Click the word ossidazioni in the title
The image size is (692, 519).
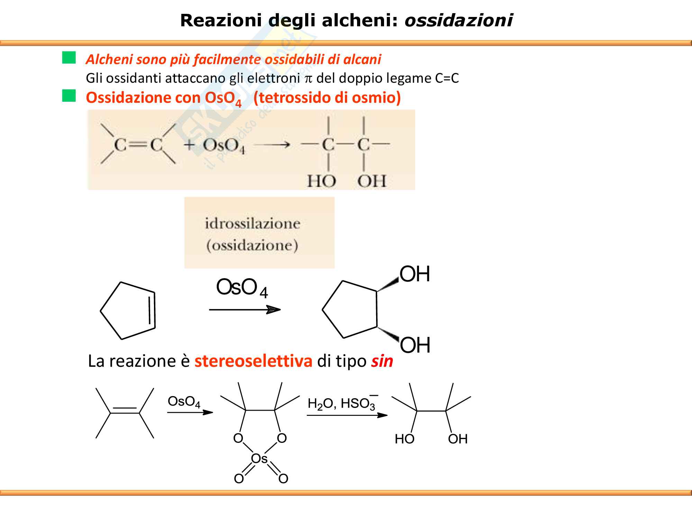(458, 20)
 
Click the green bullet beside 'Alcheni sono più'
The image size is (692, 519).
(69, 58)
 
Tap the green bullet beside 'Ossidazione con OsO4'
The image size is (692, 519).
(69, 96)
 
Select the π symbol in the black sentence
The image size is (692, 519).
(308, 79)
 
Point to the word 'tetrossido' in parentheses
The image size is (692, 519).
(297, 98)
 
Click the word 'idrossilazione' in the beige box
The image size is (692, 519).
(252, 224)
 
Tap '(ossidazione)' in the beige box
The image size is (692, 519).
(252, 246)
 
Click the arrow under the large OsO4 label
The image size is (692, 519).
(245, 310)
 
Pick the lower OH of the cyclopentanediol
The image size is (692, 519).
(415, 345)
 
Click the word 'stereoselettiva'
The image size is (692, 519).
(253, 361)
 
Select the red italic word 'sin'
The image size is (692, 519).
(382, 361)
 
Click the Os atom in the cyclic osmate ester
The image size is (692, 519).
(259, 459)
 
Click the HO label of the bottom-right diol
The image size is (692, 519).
(404, 439)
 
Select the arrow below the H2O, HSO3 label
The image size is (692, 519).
(347, 415)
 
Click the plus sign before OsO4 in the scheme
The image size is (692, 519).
(189, 145)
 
